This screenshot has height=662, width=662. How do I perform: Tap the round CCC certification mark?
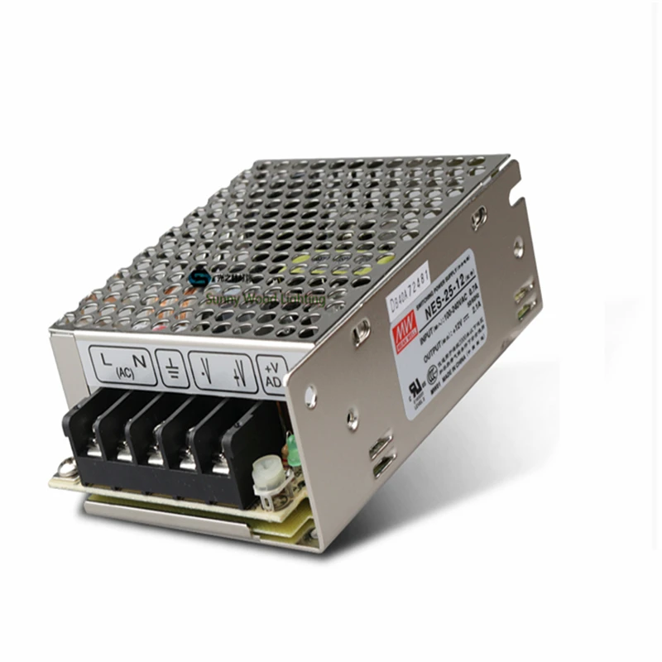pyautogui.click(x=432, y=374)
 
